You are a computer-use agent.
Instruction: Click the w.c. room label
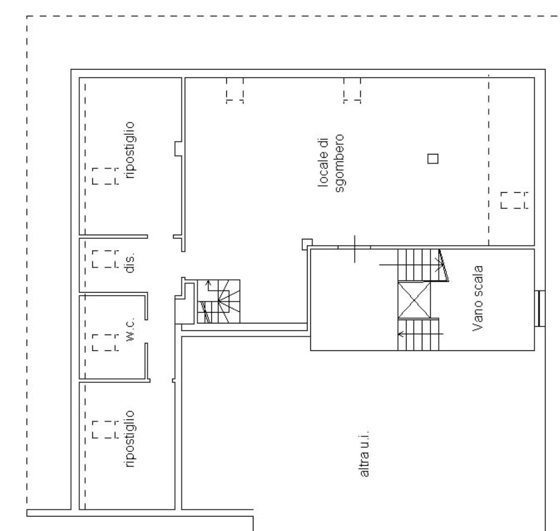[x=130, y=329]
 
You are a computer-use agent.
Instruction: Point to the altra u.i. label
[x=364, y=455]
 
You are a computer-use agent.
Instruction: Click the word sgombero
[x=340, y=163]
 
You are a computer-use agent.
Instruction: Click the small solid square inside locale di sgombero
[x=433, y=159]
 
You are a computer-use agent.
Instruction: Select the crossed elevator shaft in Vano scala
[x=414, y=300]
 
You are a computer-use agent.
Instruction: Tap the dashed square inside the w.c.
[x=105, y=342]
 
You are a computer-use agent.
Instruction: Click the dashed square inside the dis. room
[x=105, y=259]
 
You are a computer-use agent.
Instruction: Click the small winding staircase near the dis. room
[x=218, y=301]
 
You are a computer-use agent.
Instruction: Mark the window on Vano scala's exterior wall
[x=540, y=308]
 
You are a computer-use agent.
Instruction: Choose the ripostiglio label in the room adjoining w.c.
[x=130, y=439]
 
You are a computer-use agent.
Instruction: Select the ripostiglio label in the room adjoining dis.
[x=130, y=150]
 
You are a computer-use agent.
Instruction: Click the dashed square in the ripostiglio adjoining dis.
[x=105, y=176]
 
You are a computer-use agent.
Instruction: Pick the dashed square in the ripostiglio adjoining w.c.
[x=105, y=429]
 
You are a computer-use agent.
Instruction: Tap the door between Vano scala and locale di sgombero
[x=354, y=247]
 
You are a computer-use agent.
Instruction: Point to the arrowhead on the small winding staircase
[x=208, y=282]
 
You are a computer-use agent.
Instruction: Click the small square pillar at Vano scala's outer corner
[x=307, y=244]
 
